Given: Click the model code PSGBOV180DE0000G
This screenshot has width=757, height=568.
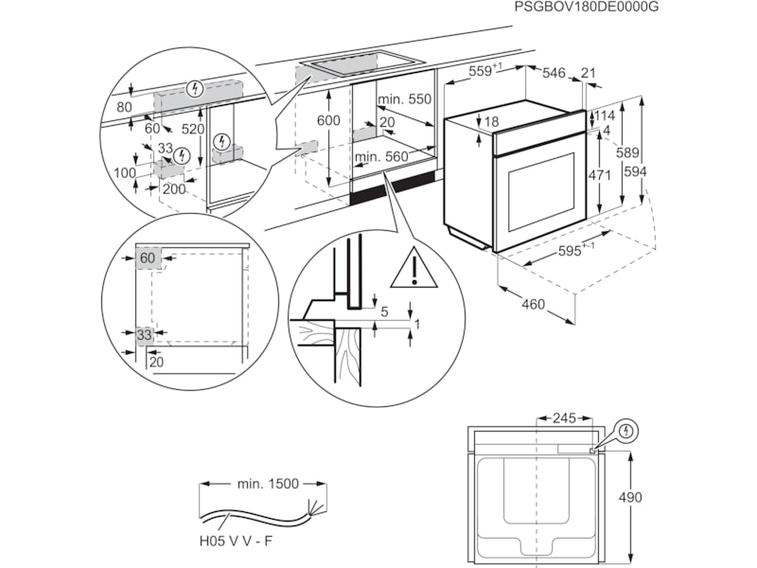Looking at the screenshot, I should (586, 8).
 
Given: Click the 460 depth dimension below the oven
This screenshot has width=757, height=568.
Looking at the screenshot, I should (534, 304).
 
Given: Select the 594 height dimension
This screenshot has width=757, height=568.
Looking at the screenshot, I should (636, 170).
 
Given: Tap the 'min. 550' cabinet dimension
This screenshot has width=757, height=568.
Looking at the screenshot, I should (405, 99).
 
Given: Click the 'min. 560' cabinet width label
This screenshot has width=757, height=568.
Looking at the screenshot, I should (380, 156).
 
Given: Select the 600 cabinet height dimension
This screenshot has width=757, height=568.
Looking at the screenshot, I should (327, 120).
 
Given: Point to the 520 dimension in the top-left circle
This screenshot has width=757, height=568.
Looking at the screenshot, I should (193, 129).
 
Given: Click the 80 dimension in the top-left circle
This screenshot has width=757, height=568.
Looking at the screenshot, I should (125, 107).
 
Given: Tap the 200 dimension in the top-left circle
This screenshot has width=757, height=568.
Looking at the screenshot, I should (174, 188).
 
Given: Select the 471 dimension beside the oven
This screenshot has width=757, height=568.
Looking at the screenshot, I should (599, 175).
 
